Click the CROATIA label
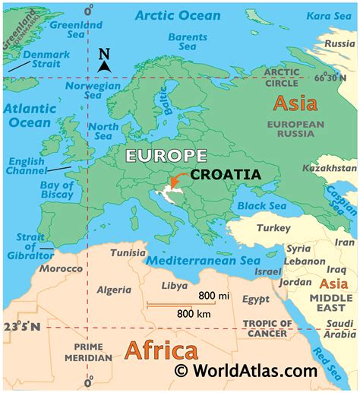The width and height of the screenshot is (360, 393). (x=226, y=174)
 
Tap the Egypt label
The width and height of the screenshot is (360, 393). (x=256, y=300)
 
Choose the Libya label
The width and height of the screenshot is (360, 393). (x=175, y=286)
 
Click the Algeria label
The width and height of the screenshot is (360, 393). (x=114, y=290)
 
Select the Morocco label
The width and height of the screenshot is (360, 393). (x=61, y=269)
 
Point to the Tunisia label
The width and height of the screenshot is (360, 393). (x=128, y=252)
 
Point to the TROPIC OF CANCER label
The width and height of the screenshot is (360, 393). (x=266, y=328)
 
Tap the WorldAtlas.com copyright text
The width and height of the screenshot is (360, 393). (x=245, y=371)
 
